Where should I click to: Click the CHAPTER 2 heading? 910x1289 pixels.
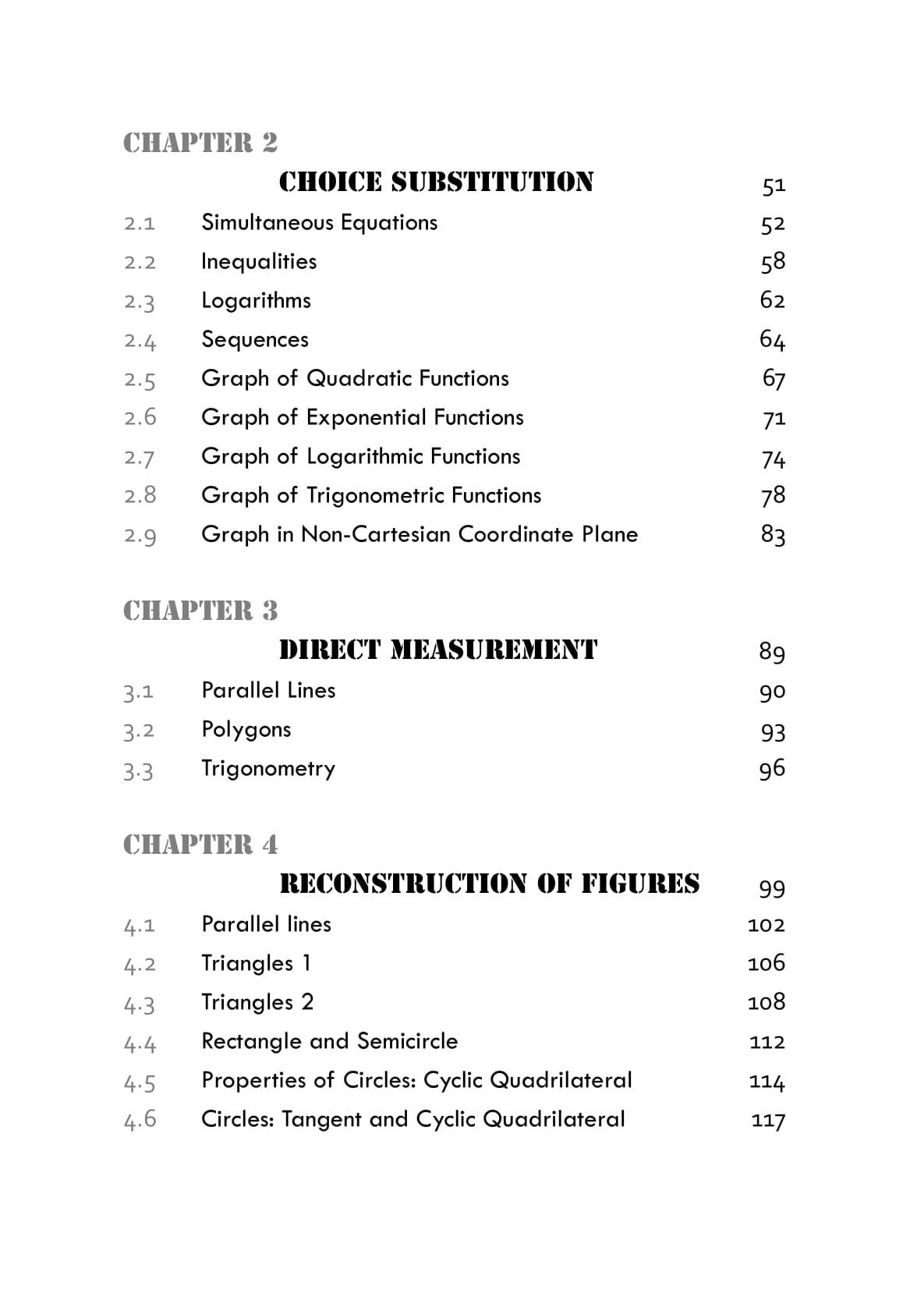200,143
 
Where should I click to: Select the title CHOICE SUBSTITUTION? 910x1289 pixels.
436,182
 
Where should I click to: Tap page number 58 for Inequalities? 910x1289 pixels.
772,261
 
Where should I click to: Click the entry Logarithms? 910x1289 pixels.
256,300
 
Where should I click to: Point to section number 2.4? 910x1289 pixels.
140,341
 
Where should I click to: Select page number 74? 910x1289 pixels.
773,458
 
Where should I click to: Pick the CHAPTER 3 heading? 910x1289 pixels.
200,611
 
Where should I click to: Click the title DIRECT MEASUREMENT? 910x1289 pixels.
438,650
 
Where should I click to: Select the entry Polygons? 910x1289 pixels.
246,730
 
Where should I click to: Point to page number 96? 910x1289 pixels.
772,769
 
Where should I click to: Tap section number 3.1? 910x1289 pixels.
139,692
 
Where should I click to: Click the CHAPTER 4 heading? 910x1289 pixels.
200,845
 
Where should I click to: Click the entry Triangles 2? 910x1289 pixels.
257,1002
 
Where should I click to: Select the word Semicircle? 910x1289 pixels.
407,1041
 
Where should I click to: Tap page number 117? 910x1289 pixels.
767,1121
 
